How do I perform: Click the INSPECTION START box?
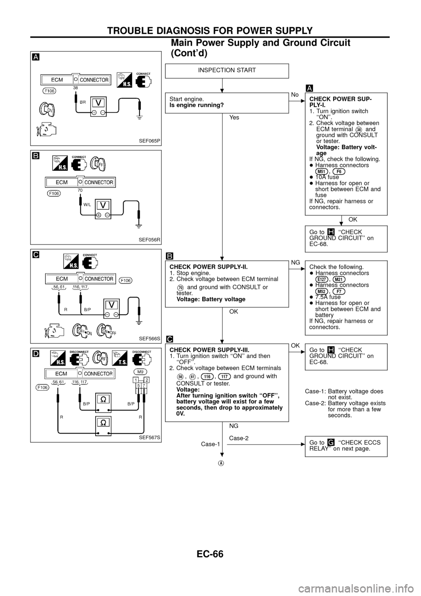[227, 71]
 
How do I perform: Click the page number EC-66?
[210, 553]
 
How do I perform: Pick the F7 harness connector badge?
[339, 291]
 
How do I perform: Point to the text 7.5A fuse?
[328, 297]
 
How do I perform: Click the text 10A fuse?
[327, 177]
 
